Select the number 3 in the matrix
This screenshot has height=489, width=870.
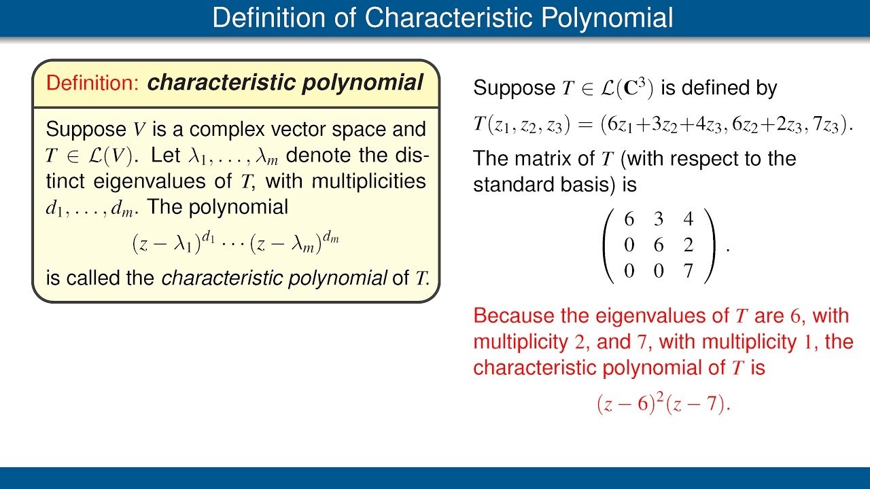pyautogui.click(x=658, y=220)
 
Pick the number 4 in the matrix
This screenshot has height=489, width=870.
pyautogui.click(x=689, y=220)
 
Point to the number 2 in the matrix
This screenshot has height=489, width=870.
pyautogui.click(x=689, y=246)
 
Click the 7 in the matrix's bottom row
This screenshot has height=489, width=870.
pyautogui.click(x=689, y=272)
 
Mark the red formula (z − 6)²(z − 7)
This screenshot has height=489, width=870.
pyautogui.click(x=663, y=404)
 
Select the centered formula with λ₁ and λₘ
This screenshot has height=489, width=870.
pyautogui.click(x=235, y=242)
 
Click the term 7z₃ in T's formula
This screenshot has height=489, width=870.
pyautogui.click(x=829, y=125)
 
